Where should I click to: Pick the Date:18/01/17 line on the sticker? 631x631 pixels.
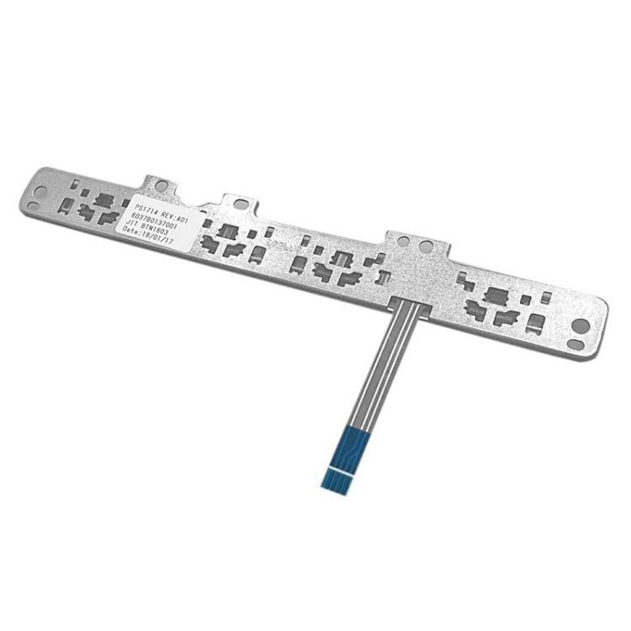pyautogui.click(x=149, y=235)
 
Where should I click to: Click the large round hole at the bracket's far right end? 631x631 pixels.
pyautogui.click(x=581, y=324)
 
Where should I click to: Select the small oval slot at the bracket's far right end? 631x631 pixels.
pyautogui.click(x=575, y=343)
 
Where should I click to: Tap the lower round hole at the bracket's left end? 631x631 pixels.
pyautogui.click(x=32, y=206)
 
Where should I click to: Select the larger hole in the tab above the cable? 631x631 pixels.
pyautogui.click(x=426, y=247)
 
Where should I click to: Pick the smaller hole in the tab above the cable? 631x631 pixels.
pyautogui.click(x=404, y=241)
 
